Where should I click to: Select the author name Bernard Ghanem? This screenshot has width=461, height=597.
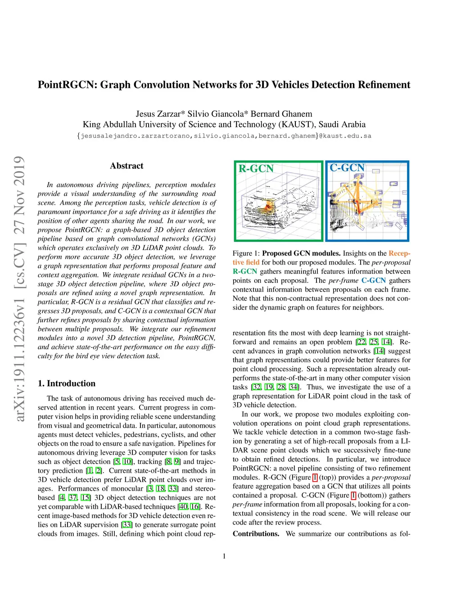click(x=281, y=114)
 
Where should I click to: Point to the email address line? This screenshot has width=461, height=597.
click(x=224, y=136)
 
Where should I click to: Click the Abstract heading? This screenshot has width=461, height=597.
click(x=127, y=166)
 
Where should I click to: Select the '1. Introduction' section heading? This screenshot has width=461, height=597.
click(x=67, y=383)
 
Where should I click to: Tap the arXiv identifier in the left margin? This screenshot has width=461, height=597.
click(x=19, y=288)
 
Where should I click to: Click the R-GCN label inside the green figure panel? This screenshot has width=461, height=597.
click(x=256, y=169)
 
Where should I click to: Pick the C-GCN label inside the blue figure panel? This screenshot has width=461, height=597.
click(x=347, y=168)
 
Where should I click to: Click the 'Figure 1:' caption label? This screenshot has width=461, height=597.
click(x=246, y=253)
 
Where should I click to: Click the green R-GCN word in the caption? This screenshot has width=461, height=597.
click(x=245, y=271)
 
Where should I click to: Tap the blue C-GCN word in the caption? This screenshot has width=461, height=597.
click(x=373, y=280)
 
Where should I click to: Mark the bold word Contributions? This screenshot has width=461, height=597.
click(x=256, y=533)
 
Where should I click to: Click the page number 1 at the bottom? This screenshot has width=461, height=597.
click(x=224, y=556)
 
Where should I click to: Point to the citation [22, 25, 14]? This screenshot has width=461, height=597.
click(x=374, y=342)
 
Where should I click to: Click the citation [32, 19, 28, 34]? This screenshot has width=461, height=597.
click(x=275, y=387)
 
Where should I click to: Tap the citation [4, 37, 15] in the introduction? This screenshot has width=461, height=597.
click(x=75, y=497)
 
